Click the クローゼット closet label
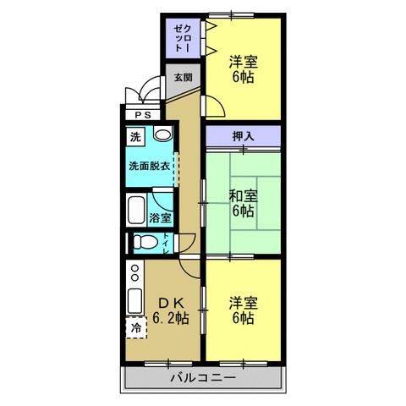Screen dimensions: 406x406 182,38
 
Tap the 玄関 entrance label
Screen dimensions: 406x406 183,77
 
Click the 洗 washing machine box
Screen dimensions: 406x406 136,136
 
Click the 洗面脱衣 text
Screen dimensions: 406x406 150,166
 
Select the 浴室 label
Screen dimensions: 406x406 161,217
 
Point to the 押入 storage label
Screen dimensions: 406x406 242,134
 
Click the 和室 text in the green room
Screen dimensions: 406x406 243,195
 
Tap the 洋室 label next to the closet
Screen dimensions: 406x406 243,61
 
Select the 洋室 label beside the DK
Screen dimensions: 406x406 243,302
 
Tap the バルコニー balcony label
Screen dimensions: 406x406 202,377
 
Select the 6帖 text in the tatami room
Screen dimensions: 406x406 243,211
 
